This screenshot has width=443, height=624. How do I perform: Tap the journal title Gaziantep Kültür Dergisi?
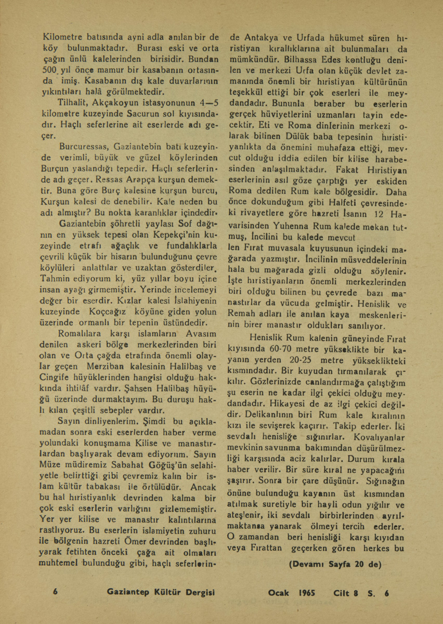160,593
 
